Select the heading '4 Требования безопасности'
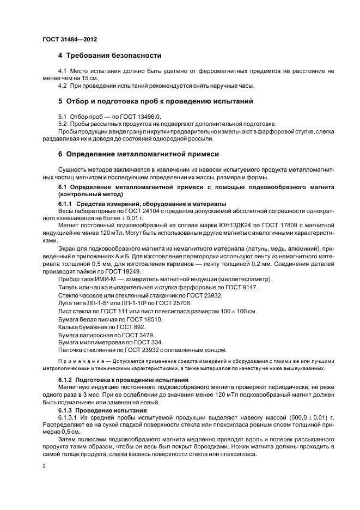tap(109, 56)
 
